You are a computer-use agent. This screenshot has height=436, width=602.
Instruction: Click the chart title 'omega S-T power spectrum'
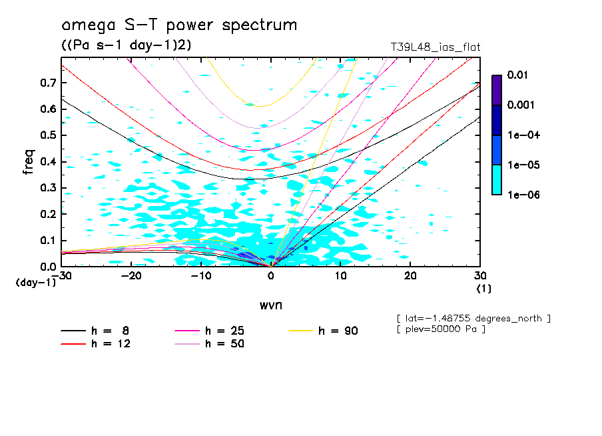pos(179,25)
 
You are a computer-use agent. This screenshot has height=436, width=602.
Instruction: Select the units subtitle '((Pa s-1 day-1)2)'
pos(122,45)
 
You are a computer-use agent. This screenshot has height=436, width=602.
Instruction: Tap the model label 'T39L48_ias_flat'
pos(435,47)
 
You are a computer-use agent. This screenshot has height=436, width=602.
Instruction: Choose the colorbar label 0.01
pos(517,75)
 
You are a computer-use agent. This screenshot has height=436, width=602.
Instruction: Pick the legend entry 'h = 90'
pos(338,331)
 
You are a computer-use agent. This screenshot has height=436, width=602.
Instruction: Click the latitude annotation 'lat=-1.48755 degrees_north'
pos(473,319)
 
